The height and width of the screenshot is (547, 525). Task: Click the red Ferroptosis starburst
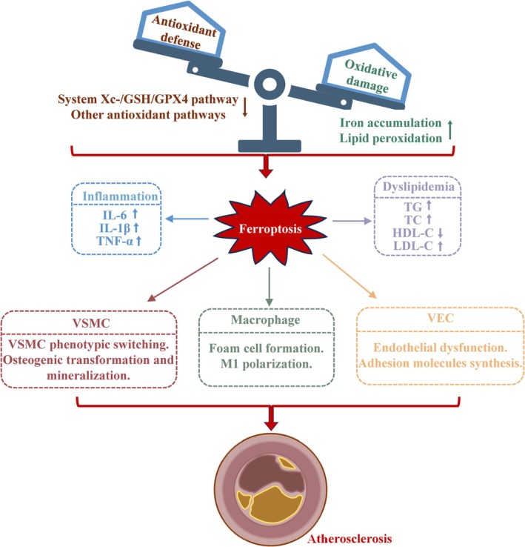(x=270, y=228)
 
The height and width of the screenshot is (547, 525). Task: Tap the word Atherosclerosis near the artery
(x=350, y=539)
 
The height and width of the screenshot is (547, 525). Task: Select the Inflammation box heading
(x=120, y=196)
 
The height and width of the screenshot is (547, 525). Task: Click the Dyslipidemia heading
(x=418, y=187)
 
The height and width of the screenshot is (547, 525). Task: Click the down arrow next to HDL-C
(x=440, y=233)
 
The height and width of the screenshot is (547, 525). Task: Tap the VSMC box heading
(x=91, y=323)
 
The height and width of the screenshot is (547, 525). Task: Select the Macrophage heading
(x=265, y=320)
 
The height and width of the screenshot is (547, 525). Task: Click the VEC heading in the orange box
(x=441, y=318)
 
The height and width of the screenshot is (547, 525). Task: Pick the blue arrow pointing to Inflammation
(x=187, y=219)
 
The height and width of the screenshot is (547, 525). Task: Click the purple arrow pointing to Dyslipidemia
(x=352, y=221)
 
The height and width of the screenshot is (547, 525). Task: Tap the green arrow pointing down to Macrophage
(x=269, y=287)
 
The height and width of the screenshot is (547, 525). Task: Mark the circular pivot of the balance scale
(x=270, y=84)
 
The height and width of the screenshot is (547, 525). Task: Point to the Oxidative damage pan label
(x=369, y=76)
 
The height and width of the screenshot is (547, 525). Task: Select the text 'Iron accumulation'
(x=391, y=123)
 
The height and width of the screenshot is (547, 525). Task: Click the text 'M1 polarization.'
(x=266, y=364)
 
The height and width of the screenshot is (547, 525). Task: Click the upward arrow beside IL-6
(x=136, y=213)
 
